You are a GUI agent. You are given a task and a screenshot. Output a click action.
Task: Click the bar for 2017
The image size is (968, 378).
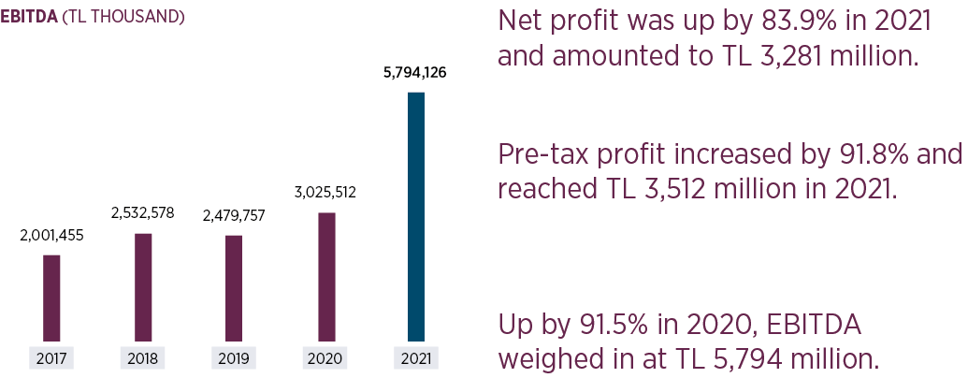(x=52, y=298)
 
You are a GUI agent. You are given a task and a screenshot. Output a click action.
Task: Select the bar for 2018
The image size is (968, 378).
(x=143, y=287)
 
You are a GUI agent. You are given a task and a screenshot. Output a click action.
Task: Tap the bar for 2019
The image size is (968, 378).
(x=234, y=288)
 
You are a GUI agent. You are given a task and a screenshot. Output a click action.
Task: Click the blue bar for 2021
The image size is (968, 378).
(x=416, y=217)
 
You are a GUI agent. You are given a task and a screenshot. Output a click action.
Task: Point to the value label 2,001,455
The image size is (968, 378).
(x=52, y=236)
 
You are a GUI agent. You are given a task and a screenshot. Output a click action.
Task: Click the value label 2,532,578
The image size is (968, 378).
(x=143, y=214)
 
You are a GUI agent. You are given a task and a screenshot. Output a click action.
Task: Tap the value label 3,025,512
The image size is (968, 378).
(x=325, y=194)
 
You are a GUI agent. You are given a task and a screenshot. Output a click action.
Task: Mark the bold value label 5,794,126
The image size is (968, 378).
(x=415, y=73)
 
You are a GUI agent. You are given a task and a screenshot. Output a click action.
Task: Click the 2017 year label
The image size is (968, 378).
(x=51, y=358)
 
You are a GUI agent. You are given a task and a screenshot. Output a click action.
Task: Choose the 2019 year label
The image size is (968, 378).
(x=234, y=358)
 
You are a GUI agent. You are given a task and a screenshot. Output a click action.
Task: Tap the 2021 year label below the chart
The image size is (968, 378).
(x=416, y=358)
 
